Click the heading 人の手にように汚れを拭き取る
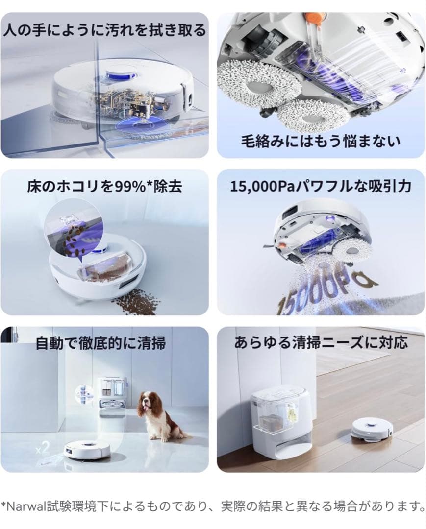tap(104, 30)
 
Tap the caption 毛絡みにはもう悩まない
tap(321, 141)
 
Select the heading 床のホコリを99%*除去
tap(105, 187)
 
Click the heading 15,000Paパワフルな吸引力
tap(321, 187)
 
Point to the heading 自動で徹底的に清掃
tap(100, 342)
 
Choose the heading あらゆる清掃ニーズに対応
tap(321, 342)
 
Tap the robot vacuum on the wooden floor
tap(372, 429)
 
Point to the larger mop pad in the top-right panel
tap(248, 86)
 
